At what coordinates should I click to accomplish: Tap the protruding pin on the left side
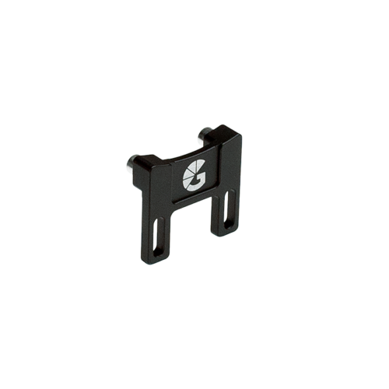[x=131, y=162]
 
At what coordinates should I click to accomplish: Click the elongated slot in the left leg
[x=159, y=235]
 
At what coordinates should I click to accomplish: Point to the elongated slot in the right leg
[x=226, y=211]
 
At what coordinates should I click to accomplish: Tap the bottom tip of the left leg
[x=157, y=260]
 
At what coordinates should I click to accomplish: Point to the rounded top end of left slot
[x=160, y=223]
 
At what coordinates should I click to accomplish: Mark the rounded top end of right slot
[x=227, y=199]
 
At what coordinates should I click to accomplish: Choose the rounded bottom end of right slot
[x=226, y=223]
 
